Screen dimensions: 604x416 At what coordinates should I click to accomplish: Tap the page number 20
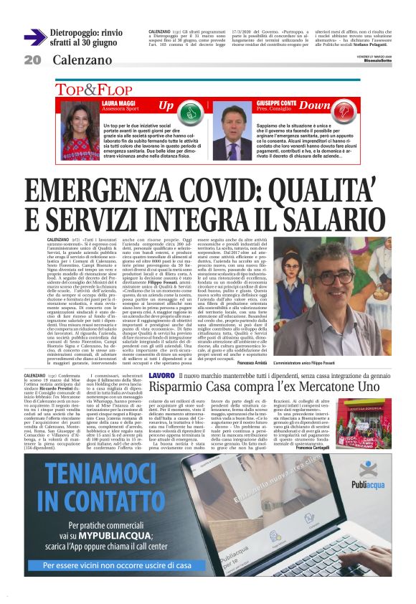pos(32,60)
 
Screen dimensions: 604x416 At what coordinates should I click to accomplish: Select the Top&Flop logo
pos(105,90)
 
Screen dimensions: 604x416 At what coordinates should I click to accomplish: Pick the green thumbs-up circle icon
pos(188,111)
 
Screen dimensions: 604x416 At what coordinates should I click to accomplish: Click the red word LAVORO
pos(161,375)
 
